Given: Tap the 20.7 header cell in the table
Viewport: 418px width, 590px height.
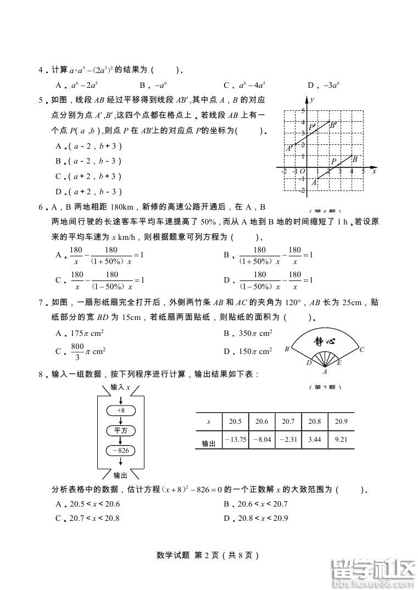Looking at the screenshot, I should click(x=288, y=422).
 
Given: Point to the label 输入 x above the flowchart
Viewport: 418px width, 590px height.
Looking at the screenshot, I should click(x=120, y=387).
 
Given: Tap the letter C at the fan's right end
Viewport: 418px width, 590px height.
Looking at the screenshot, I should click(x=361, y=350).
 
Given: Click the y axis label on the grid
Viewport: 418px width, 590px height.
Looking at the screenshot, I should click(x=311, y=100).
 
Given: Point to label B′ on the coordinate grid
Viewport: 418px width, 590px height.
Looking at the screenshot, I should click(x=332, y=125).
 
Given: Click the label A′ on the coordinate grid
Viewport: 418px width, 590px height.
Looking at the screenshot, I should click(x=289, y=148).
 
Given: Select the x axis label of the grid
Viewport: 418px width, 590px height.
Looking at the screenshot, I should click(x=374, y=171).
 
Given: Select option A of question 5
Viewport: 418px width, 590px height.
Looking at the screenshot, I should click(x=88, y=147).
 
